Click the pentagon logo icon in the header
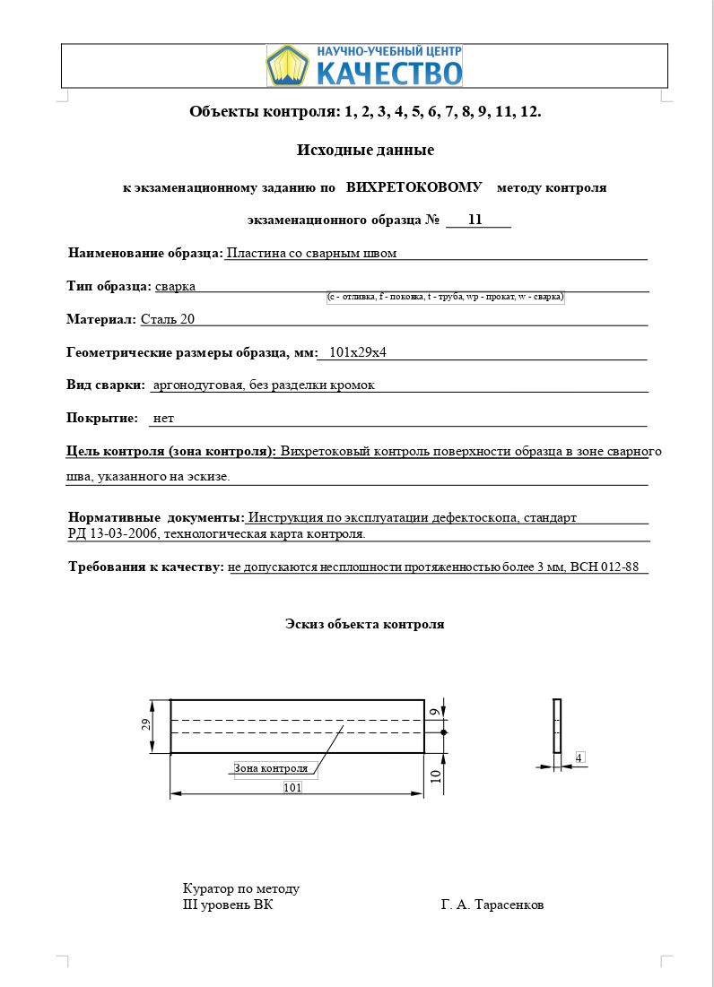click(x=287, y=65)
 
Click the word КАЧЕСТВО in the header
click(x=388, y=73)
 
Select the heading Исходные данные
click(x=365, y=150)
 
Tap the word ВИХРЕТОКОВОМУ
click(x=414, y=187)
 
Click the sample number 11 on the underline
click(x=475, y=220)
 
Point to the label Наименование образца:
click(x=145, y=253)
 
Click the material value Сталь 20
click(x=168, y=319)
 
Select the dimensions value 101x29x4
click(x=358, y=352)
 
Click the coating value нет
click(x=163, y=418)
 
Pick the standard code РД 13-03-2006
click(x=113, y=534)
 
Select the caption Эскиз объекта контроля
click(x=364, y=624)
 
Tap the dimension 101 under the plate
click(x=292, y=787)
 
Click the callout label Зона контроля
click(x=271, y=768)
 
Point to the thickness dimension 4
click(x=579, y=758)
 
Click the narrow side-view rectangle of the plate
click(x=557, y=726)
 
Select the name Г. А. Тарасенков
click(x=492, y=905)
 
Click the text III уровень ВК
click(x=228, y=905)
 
